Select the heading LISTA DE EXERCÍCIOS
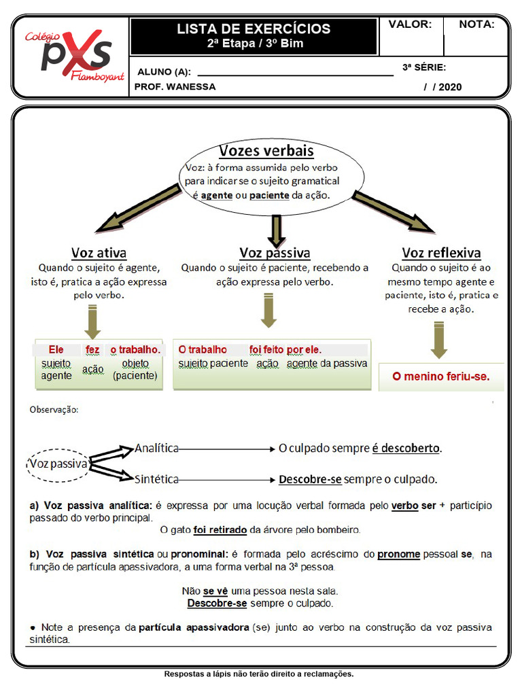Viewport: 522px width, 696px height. pyautogui.click(x=254, y=29)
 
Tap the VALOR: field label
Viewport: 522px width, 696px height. pyautogui.click(x=410, y=24)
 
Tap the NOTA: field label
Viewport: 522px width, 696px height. pyautogui.click(x=476, y=24)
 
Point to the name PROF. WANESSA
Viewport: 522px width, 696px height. pyautogui.click(x=175, y=87)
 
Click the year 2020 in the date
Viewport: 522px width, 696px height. pyautogui.click(x=450, y=87)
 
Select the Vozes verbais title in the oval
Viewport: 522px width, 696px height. pyautogui.click(x=266, y=151)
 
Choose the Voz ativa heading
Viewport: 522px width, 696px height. pyautogui.click(x=99, y=253)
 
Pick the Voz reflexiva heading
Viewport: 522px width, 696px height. pyautogui.click(x=441, y=253)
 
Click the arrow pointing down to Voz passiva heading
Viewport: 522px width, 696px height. pyautogui.click(x=275, y=231)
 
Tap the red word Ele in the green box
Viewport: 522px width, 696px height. pyautogui.click(x=56, y=349)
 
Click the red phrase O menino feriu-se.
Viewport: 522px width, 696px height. pyautogui.click(x=440, y=376)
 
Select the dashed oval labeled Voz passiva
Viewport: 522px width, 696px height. pyautogui.click(x=58, y=464)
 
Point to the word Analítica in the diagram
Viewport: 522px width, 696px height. pyautogui.click(x=156, y=448)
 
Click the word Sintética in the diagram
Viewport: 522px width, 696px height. pyautogui.click(x=156, y=478)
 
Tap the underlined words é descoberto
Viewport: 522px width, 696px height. pyautogui.click(x=406, y=449)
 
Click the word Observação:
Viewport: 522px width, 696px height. pyautogui.click(x=54, y=410)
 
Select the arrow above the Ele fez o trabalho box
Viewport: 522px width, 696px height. pyautogui.click(x=93, y=321)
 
